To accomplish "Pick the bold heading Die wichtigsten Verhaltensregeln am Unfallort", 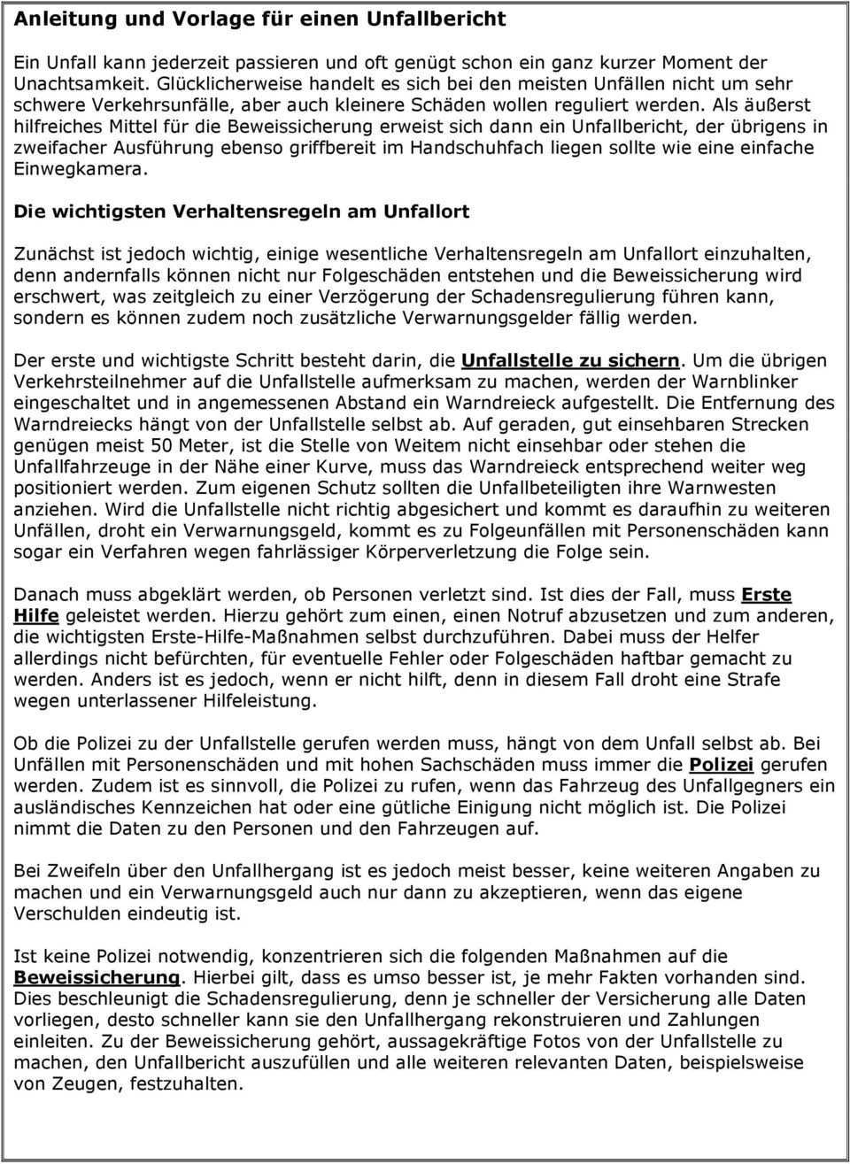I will tap(242, 212).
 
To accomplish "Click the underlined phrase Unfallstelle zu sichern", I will tap(571, 361).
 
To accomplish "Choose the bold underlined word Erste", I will tap(766, 595).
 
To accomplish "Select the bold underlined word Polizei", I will tap(721, 765).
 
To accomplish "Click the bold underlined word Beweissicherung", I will tap(97, 978).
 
